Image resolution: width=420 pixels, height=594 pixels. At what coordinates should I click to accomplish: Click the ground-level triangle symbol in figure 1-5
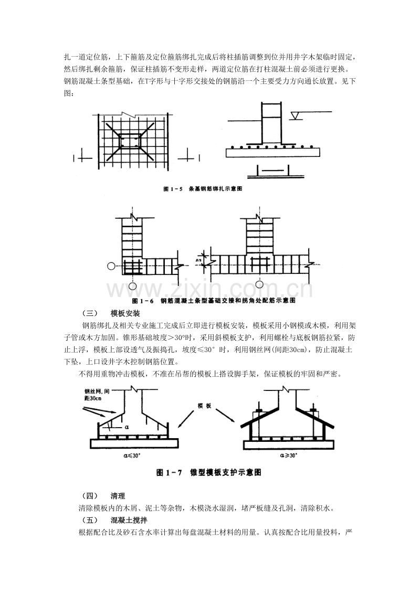point(297,113)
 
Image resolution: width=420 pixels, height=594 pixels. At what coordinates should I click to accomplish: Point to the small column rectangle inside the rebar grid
point(129,141)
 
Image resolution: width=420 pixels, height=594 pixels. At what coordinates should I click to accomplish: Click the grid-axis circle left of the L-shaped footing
point(111,266)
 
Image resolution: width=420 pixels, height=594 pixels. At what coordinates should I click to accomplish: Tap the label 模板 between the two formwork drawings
point(204,406)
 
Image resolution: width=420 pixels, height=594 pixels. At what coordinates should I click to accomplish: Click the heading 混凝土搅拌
point(125,520)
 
